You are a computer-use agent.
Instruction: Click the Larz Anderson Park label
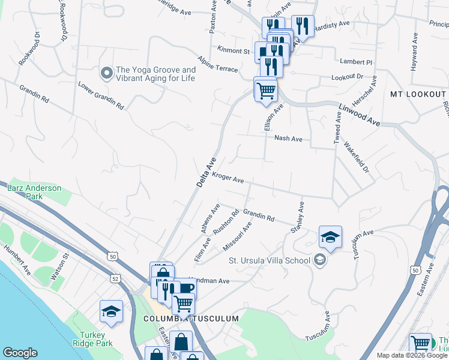(34, 192)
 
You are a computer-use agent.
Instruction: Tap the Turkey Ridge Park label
(94, 340)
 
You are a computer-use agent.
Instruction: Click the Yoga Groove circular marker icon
(107, 73)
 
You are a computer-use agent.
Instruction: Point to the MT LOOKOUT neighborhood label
(418, 95)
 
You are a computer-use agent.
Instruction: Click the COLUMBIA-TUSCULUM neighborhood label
(191, 319)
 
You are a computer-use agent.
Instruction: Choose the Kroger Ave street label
(228, 179)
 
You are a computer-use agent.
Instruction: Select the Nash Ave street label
(288, 138)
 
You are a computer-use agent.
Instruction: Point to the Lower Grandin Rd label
(101, 95)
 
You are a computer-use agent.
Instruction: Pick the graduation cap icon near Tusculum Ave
(330, 237)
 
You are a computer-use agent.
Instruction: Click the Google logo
(20, 353)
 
